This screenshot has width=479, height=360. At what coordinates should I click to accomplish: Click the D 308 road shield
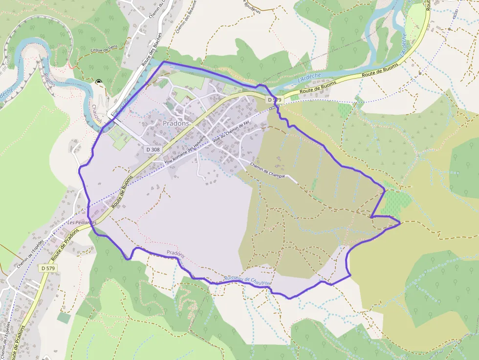152,149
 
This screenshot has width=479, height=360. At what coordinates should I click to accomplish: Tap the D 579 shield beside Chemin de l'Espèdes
48,268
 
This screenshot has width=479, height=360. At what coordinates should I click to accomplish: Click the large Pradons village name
176,124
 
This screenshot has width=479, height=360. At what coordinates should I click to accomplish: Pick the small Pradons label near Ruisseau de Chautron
175,253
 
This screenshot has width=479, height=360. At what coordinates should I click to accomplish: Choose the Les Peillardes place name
83,222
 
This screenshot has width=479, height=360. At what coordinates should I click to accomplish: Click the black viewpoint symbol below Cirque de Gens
99,82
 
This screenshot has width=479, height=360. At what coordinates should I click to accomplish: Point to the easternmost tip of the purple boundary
400,223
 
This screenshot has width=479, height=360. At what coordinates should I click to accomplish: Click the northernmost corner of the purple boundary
163,62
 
